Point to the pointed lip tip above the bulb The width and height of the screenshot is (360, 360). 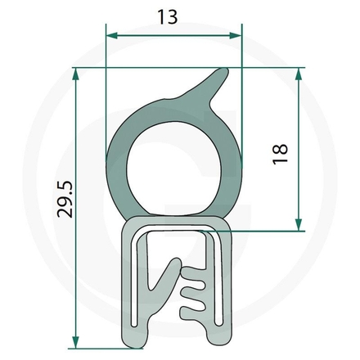click(223, 74)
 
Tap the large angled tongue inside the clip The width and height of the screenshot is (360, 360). click(167, 282)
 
